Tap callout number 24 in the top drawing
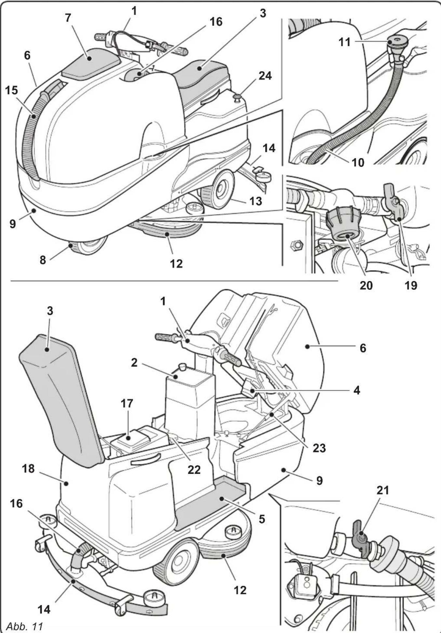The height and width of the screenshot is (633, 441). [265, 76]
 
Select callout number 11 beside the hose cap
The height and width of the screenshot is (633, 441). [344, 42]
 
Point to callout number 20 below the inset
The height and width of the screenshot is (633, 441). [366, 285]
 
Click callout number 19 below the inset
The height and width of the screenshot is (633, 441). [411, 285]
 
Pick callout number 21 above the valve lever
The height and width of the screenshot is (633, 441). [382, 490]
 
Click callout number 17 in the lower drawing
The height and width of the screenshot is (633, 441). [127, 403]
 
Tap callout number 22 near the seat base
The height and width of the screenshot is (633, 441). [194, 469]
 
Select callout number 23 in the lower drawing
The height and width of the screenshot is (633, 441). [319, 448]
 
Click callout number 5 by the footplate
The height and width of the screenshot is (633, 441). [262, 519]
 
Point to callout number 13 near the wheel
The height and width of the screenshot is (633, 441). [256, 201]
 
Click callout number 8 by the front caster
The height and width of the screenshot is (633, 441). [43, 260]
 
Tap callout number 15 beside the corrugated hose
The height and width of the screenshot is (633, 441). [11, 90]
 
